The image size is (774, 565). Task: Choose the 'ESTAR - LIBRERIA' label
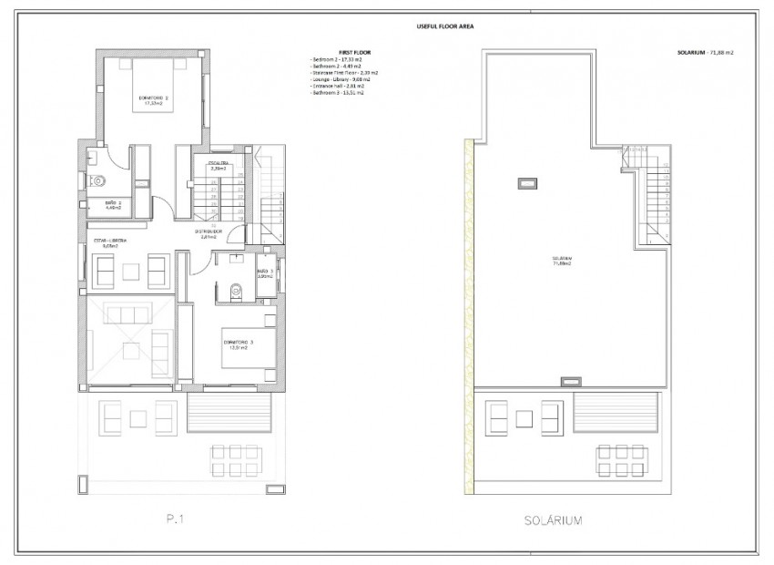pos(111,241)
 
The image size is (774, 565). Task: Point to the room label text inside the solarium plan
pos(562,260)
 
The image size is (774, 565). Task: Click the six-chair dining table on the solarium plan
pos(624,459)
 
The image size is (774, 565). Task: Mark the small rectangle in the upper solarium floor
pos(526,184)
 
